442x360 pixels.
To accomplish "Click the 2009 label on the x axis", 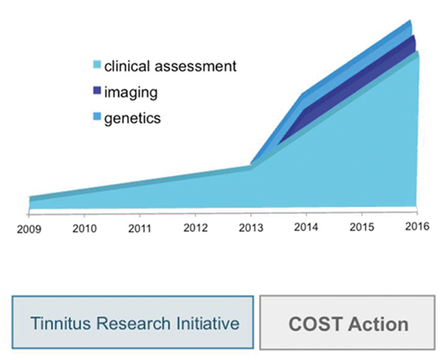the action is click(29, 229).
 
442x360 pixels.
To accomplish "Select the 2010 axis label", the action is click(85, 229).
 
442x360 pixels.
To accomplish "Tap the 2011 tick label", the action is click(139, 229).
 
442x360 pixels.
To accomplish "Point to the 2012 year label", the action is click(195, 228).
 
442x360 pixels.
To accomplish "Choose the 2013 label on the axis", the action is click(251, 228).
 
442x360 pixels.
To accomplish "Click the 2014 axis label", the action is click(306, 227).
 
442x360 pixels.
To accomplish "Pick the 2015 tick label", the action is click(362, 227).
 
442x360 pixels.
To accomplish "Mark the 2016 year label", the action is click(417, 226).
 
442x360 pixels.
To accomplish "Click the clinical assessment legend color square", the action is click(97, 64).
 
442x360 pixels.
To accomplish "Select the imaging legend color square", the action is click(97, 90).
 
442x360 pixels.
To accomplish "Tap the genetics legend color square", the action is click(97, 116).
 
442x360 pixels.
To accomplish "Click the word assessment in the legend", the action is click(196, 66).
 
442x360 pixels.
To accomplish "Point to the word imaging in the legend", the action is click(131, 93).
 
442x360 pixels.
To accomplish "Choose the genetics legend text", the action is click(132, 118).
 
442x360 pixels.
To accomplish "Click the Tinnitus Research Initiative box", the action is click(132, 322).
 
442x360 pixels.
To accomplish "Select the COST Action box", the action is click(348, 322).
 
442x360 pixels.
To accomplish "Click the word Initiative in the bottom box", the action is click(207, 323).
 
